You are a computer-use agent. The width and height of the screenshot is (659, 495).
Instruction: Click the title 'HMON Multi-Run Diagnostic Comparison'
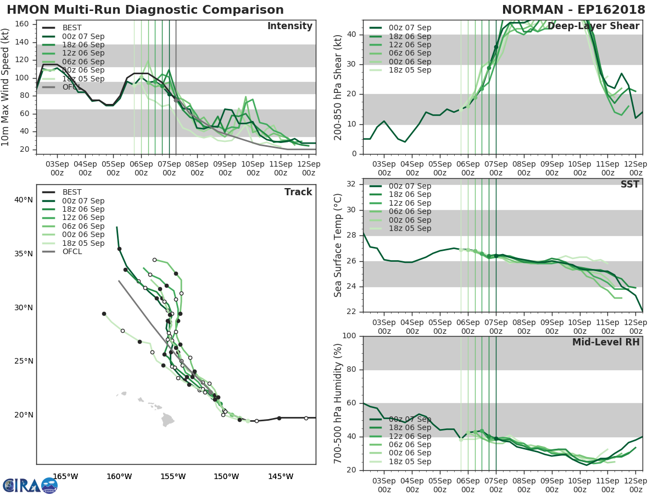(x=145, y=10)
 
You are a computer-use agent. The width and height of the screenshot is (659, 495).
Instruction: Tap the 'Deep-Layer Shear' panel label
(x=593, y=26)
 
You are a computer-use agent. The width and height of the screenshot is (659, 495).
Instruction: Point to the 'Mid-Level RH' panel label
(x=606, y=342)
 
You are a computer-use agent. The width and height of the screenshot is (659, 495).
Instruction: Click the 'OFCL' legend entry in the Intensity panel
(x=72, y=87)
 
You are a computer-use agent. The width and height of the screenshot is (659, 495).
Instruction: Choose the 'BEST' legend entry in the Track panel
(x=72, y=192)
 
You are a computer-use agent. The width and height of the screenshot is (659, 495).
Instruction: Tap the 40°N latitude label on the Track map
(x=24, y=200)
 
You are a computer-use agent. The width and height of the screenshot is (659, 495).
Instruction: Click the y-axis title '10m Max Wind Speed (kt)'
(x=6, y=88)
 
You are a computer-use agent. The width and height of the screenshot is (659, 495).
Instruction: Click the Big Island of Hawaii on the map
(x=168, y=420)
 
